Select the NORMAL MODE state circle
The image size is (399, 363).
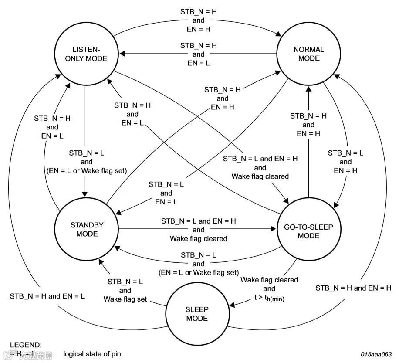tap(309, 54)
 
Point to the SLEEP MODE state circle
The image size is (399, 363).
tap(197, 314)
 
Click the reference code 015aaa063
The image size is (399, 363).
tap(376, 354)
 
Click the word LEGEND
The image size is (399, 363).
tap(26, 345)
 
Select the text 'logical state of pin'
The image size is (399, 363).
tap(92, 354)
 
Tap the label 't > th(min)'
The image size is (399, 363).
tap(269, 299)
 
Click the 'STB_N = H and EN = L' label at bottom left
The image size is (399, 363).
tap(47, 296)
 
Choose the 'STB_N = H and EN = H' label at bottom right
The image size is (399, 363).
tap(353, 288)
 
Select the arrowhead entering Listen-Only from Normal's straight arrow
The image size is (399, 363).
tap(123, 54)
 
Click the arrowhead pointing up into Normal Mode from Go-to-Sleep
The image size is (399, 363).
tap(309, 88)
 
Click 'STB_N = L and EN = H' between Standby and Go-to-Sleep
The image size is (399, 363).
tap(198, 221)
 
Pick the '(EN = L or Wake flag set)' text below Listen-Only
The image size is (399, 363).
tap(86, 171)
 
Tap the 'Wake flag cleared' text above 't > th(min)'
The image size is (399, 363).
tap(269, 280)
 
